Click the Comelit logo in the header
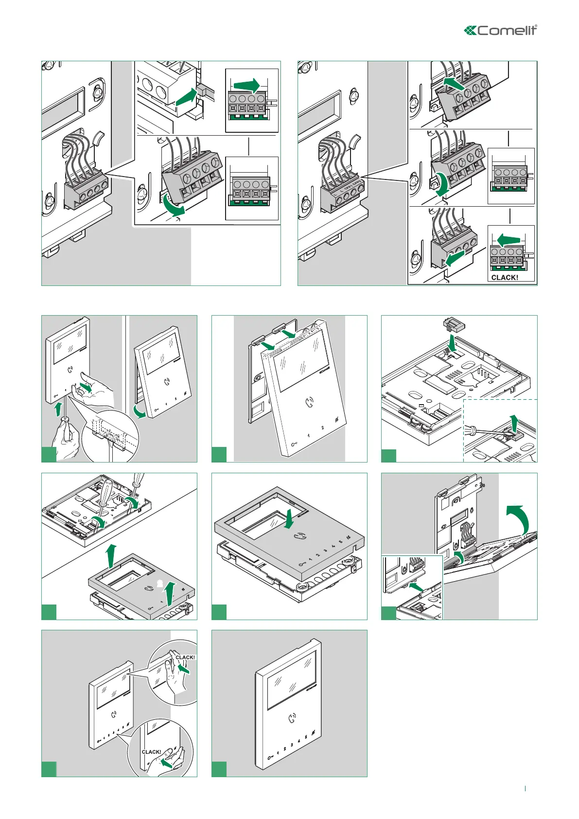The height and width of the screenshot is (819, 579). [501, 30]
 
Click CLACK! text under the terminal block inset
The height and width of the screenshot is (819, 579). [505, 277]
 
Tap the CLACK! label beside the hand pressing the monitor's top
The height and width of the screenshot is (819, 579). [185, 658]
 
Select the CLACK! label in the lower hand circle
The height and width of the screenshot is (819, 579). [151, 752]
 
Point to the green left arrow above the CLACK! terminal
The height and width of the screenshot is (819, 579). [509, 240]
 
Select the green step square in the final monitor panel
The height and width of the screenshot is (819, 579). [219, 769]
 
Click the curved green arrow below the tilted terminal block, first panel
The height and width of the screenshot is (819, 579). [174, 207]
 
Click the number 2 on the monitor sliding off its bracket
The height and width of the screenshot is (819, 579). [322, 428]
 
